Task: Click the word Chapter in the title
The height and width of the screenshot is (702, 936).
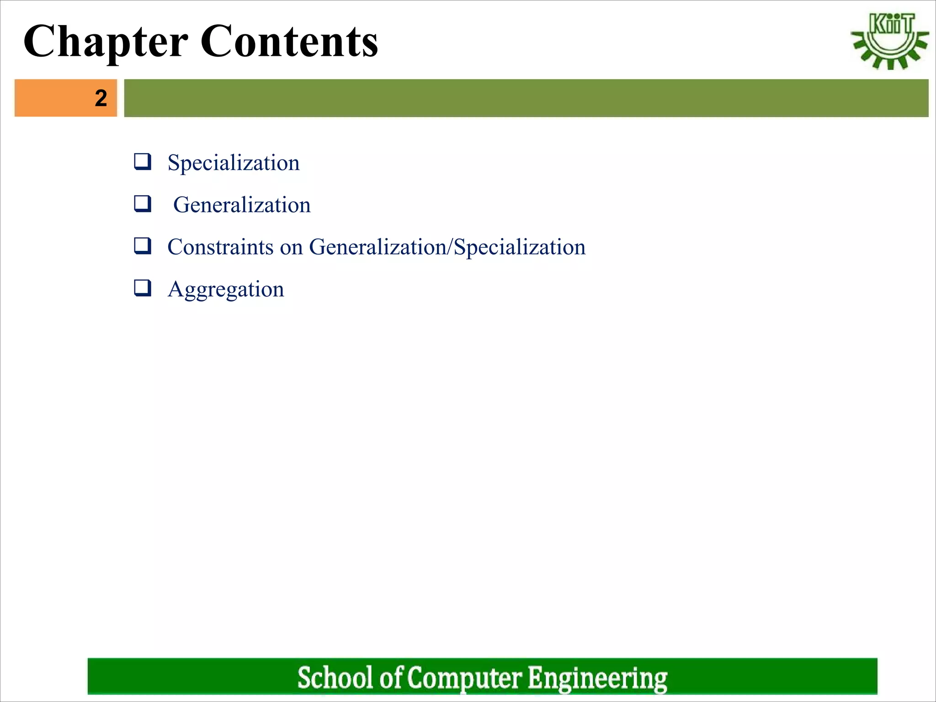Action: tap(106, 42)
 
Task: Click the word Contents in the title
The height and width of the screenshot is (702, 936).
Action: tap(289, 42)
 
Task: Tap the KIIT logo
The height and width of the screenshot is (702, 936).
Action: tap(889, 41)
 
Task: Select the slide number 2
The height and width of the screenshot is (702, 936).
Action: tap(101, 98)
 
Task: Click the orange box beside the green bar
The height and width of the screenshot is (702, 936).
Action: tap(55, 98)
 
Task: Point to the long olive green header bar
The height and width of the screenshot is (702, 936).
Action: tap(526, 98)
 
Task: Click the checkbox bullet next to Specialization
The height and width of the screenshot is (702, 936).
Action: tap(142, 162)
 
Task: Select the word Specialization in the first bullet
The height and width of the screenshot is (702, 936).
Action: tap(234, 163)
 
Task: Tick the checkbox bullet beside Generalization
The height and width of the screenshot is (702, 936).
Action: tap(142, 203)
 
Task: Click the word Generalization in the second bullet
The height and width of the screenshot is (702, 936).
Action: tap(242, 205)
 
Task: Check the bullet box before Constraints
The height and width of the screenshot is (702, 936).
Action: tap(142, 245)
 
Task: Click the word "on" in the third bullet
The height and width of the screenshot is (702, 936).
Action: tap(291, 248)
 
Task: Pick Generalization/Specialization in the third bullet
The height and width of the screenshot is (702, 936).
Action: tap(447, 247)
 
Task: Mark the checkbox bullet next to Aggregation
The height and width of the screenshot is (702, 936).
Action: tap(142, 288)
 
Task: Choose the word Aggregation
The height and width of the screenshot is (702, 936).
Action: tap(226, 290)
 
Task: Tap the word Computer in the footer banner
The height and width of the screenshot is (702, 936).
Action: tap(464, 678)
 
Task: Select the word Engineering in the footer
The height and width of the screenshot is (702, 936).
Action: tap(597, 678)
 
